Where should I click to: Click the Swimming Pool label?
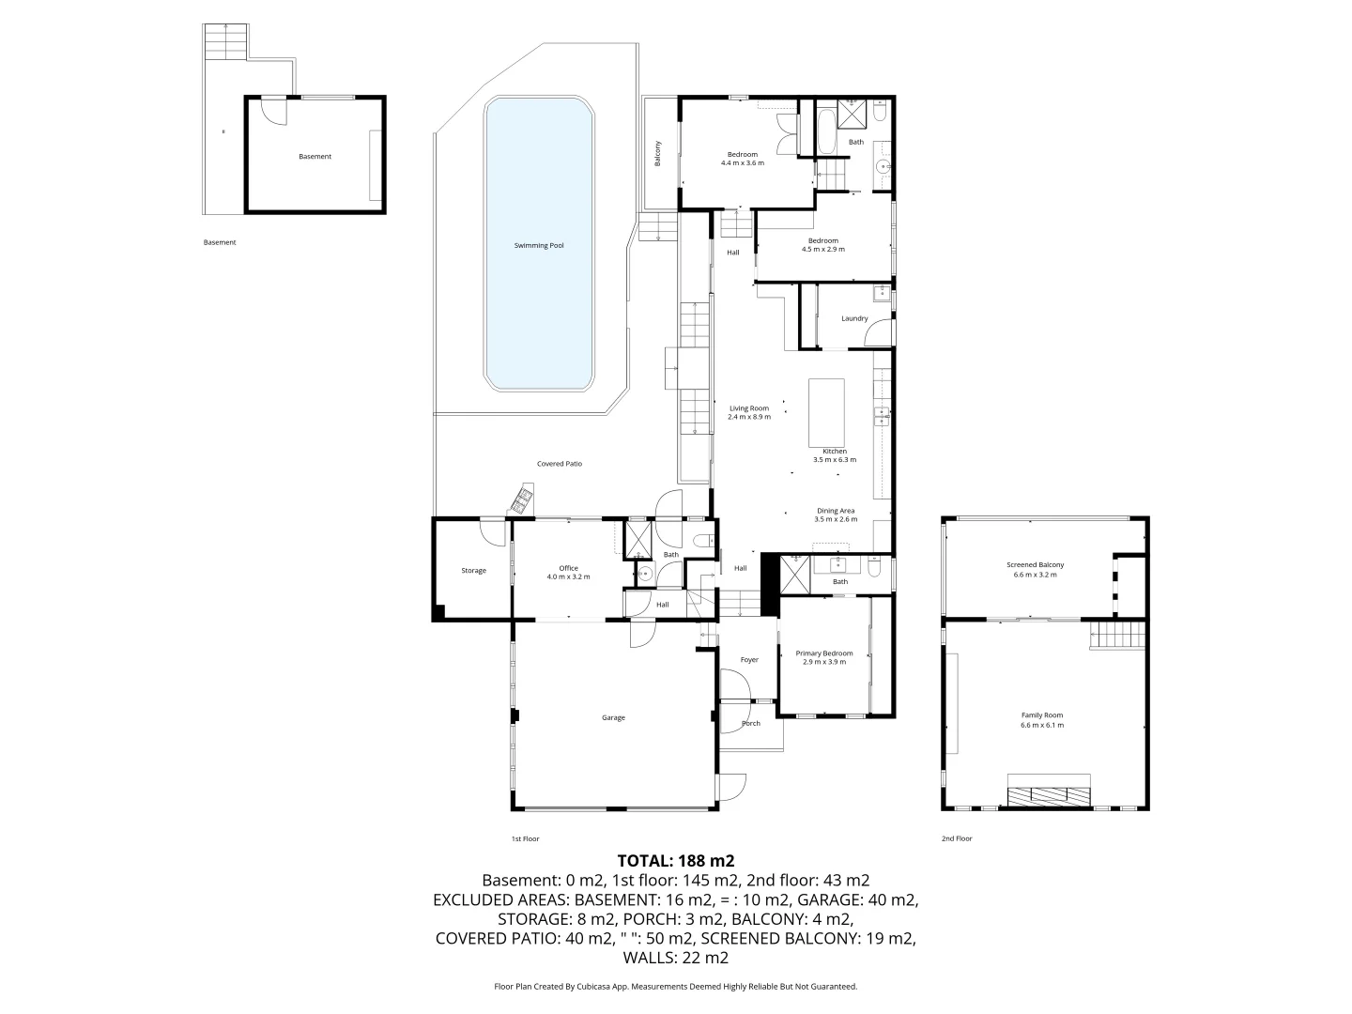point(539,246)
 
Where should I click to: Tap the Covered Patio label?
point(560,464)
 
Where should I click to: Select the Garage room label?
point(613,717)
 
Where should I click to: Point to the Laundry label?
point(854,318)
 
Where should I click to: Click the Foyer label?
point(749,659)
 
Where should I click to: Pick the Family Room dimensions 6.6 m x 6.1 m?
point(1042,725)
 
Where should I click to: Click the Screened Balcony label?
point(1036,564)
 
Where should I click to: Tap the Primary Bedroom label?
point(824,653)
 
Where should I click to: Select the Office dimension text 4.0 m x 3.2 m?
point(569,576)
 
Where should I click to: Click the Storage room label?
point(473,571)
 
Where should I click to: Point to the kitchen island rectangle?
point(826,412)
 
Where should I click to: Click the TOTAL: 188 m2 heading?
point(676,861)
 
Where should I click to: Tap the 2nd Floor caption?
point(957,838)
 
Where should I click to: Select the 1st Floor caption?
point(526,838)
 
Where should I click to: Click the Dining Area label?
point(836,511)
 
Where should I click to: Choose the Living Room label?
point(749,408)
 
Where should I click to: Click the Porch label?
point(751,723)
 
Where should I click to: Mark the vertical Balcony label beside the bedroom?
point(657,153)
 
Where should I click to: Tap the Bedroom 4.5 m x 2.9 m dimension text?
point(823,250)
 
